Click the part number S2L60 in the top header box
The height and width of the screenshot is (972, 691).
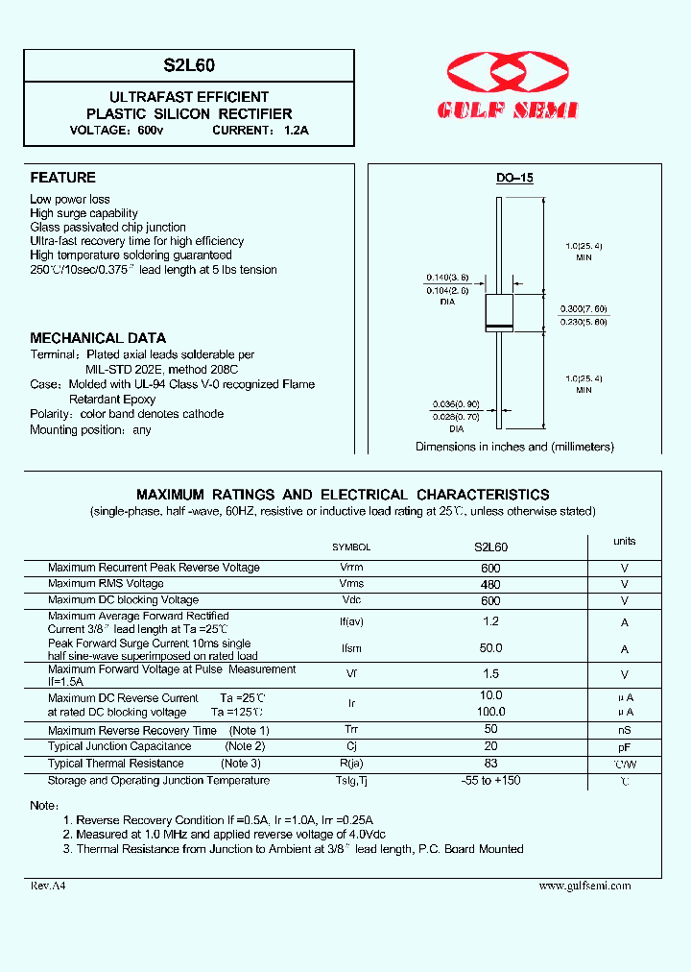point(189,65)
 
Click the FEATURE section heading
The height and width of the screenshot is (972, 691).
point(63,178)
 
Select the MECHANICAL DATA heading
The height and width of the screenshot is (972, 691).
point(98,338)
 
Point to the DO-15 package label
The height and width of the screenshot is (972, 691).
point(514,179)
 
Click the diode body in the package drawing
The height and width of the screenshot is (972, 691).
point(499,312)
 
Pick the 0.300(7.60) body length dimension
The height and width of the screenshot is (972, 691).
point(584,308)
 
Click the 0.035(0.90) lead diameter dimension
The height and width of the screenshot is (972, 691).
point(454,403)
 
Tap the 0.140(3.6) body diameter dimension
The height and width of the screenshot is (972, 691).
point(447,277)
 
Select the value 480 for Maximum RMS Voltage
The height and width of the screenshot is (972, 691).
point(490,584)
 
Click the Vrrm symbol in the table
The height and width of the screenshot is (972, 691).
point(351,568)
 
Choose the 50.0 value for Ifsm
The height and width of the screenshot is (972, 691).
point(490,648)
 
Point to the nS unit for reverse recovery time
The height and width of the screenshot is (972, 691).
point(625,731)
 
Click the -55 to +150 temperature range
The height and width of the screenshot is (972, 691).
point(490,780)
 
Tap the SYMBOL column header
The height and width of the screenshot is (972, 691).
point(351,547)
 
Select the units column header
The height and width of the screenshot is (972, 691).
point(625,542)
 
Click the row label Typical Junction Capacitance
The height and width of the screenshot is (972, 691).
point(120,746)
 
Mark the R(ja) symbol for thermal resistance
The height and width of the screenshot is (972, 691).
point(351,764)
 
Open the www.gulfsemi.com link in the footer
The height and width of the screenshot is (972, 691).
point(585,886)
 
